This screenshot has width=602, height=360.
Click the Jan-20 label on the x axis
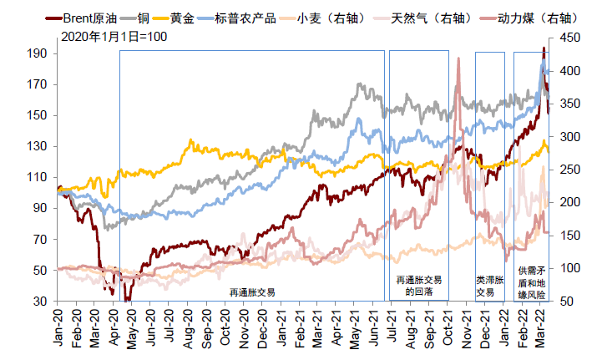pos(59,326)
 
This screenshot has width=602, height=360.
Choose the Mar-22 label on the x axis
pos(539,326)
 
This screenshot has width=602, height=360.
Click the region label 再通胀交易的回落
pos(417,286)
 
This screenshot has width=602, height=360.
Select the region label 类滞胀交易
pos(489,286)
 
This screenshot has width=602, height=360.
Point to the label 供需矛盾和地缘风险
pos(531,282)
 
